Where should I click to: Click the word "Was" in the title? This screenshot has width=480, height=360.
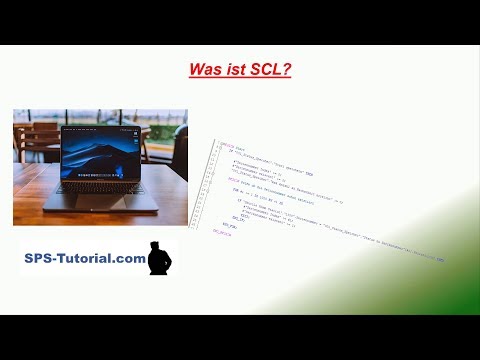[206, 72]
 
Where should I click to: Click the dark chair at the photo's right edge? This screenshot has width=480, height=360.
[180, 150]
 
